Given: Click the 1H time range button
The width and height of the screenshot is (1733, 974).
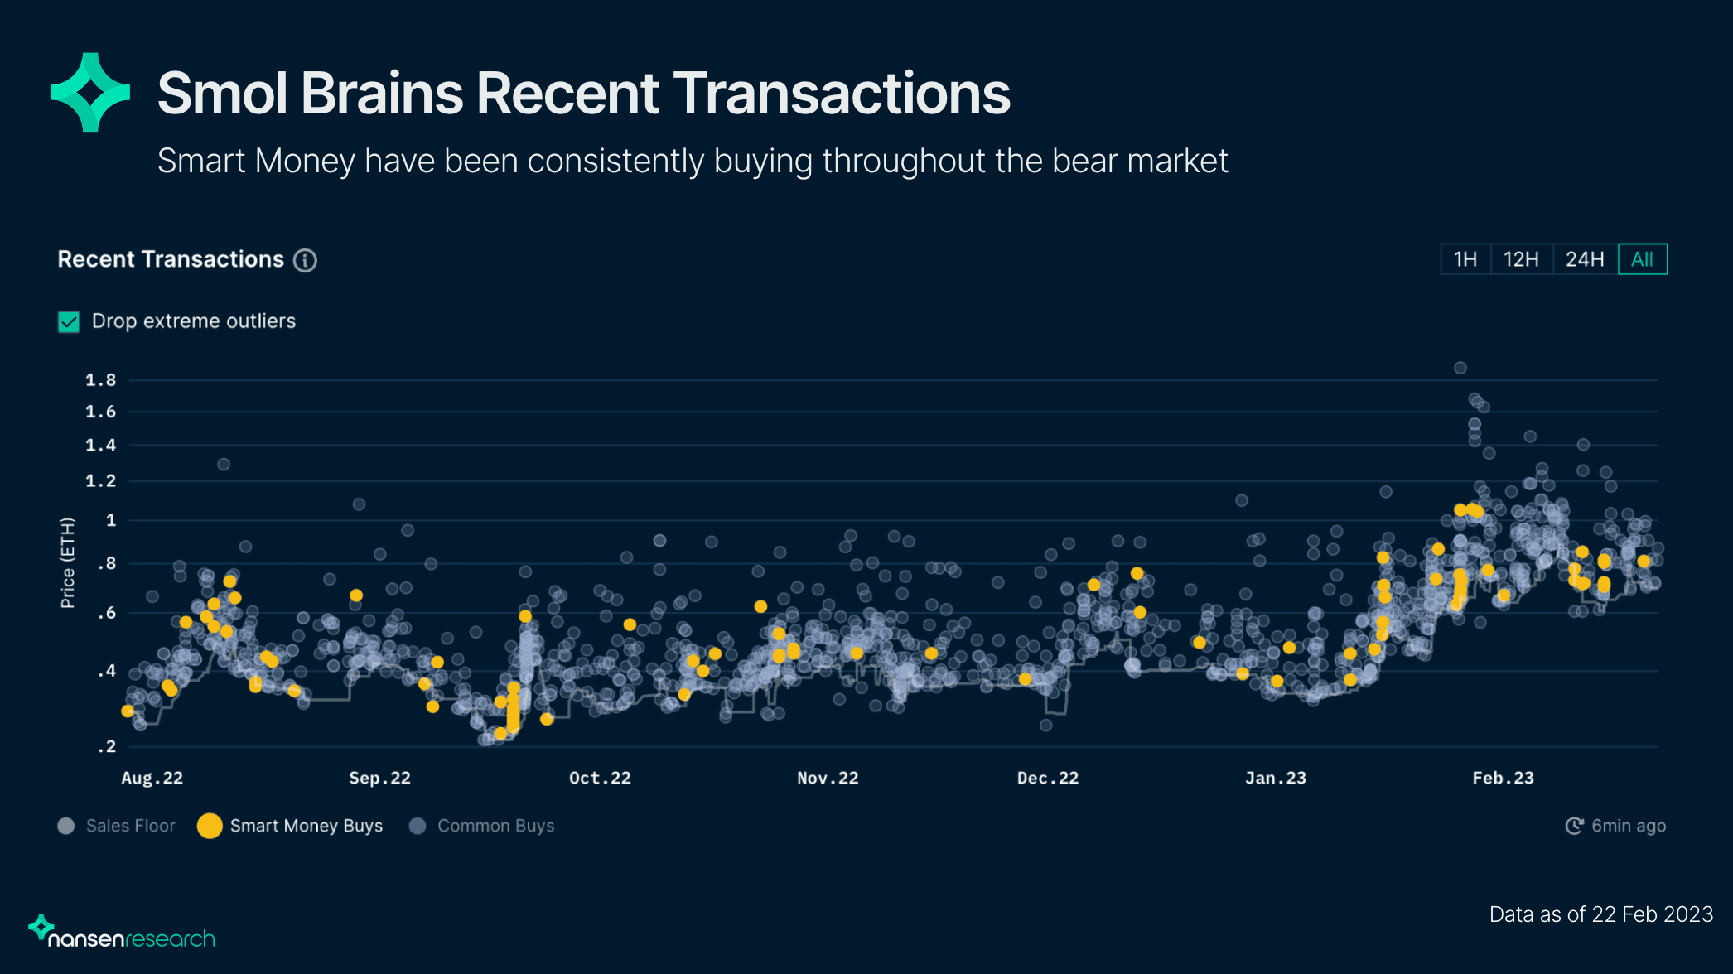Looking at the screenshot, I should [1465, 259].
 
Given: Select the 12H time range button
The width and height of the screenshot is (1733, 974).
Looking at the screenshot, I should [1521, 259].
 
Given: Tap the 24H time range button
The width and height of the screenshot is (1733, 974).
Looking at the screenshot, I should [1585, 259].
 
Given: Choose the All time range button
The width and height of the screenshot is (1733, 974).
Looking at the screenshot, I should [1642, 259].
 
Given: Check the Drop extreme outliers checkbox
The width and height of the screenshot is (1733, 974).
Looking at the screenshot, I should [69, 321].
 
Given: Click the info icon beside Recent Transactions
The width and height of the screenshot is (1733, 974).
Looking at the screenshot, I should [306, 260].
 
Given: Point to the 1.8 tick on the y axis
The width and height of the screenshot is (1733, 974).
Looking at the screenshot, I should [101, 380].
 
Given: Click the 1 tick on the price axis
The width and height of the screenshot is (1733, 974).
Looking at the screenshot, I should [111, 520].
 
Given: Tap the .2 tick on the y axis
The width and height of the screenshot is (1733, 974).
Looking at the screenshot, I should [107, 746].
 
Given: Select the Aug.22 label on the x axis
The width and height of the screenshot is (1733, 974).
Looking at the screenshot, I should [152, 778].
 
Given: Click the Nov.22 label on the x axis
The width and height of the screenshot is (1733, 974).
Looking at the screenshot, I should [828, 778].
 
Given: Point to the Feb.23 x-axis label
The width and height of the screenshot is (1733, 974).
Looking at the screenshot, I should [1503, 778].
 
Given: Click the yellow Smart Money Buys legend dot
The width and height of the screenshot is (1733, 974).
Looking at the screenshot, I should [210, 826].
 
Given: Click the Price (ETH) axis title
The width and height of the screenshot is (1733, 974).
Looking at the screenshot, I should [68, 563].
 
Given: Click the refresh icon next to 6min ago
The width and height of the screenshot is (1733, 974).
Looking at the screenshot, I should [1574, 826].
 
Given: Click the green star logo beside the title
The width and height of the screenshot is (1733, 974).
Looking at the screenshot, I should [90, 92].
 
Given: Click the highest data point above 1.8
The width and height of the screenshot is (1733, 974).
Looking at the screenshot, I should [1460, 368].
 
